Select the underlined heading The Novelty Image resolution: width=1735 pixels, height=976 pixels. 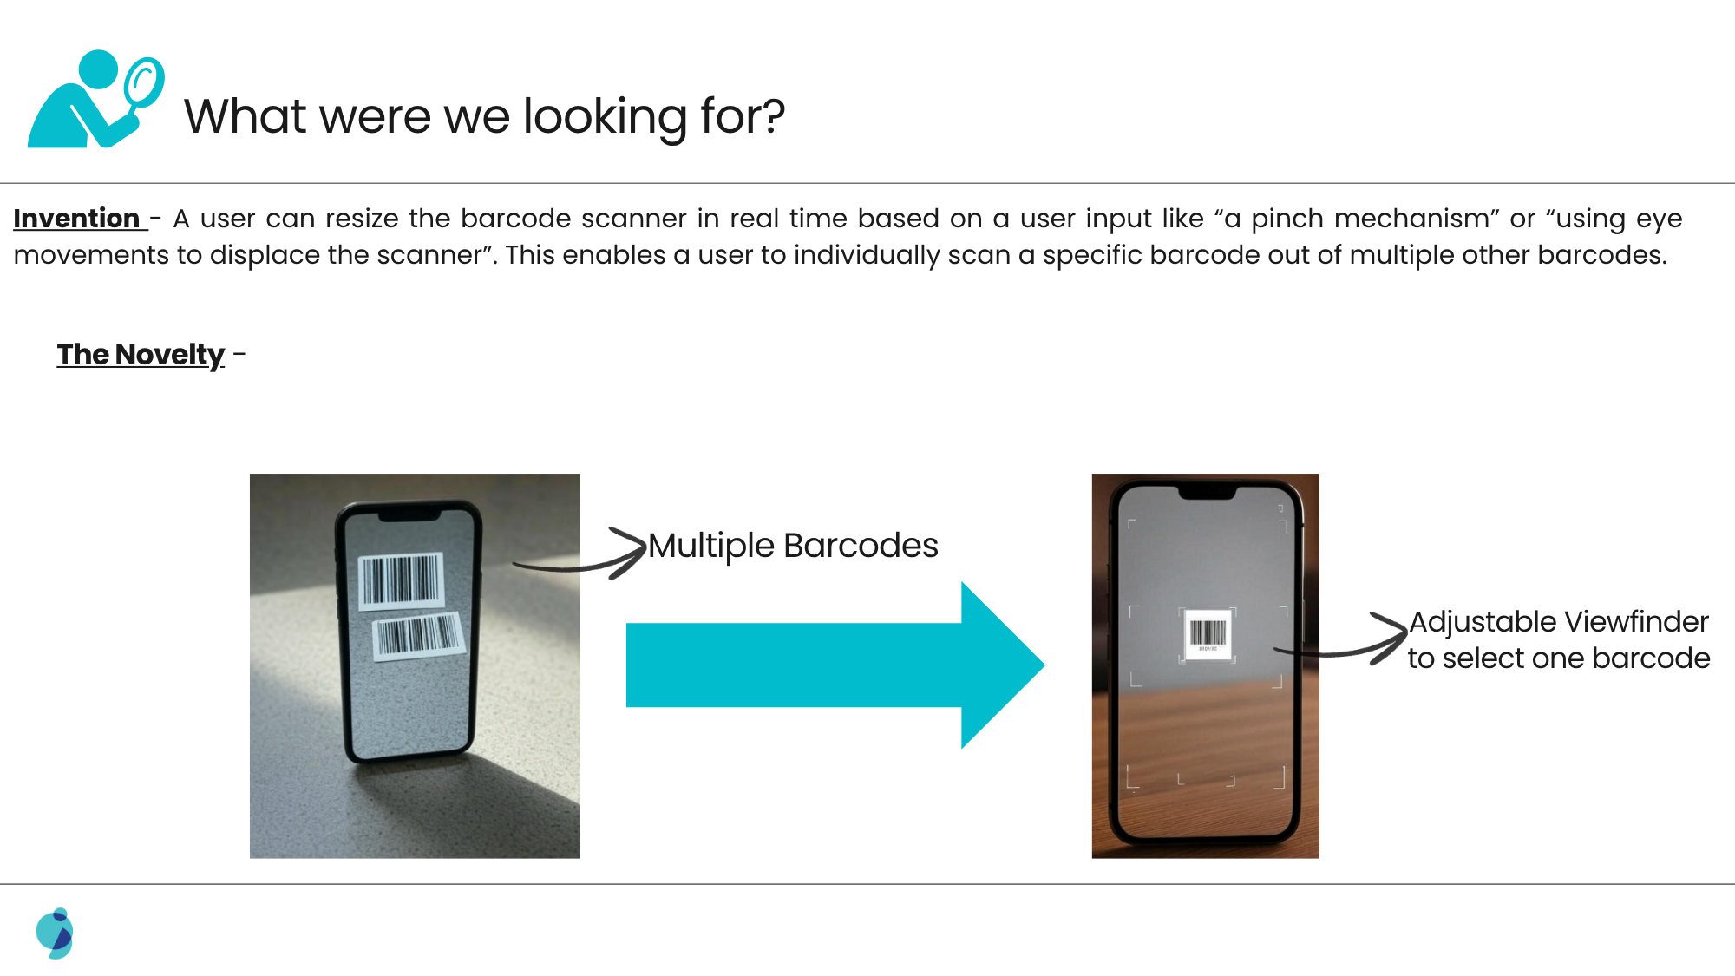coord(141,355)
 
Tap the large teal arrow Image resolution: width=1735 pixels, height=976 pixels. coord(835,665)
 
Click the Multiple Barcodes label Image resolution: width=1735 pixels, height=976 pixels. coord(793,546)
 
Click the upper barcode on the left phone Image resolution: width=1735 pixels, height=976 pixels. coord(401,580)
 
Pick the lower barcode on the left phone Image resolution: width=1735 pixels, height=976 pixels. coord(418,635)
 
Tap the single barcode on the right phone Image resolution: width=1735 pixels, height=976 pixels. coord(1208,635)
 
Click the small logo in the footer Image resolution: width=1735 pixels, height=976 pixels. coord(55,933)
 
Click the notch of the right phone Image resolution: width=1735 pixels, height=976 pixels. coord(1207,493)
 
